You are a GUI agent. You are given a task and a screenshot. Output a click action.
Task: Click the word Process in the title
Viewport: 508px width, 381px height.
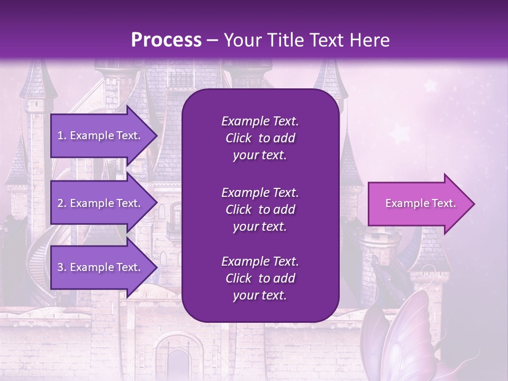tap(166, 40)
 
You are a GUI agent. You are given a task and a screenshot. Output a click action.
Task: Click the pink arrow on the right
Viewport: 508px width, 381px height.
tap(418, 204)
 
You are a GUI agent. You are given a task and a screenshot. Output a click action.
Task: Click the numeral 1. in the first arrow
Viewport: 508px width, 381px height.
tap(61, 135)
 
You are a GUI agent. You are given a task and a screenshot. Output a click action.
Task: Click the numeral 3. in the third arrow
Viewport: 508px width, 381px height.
tap(61, 267)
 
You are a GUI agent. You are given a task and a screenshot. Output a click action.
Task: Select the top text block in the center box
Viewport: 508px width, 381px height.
tap(260, 138)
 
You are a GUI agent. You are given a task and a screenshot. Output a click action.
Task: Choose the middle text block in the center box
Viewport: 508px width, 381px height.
tap(260, 210)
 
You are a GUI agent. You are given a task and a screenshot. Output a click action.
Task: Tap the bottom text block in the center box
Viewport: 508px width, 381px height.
tap(260, 278)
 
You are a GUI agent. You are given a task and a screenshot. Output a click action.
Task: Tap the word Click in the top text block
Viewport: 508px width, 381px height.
tap(238, 138)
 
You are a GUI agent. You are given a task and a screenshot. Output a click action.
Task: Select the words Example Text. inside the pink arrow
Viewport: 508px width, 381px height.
tap(421, 203)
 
